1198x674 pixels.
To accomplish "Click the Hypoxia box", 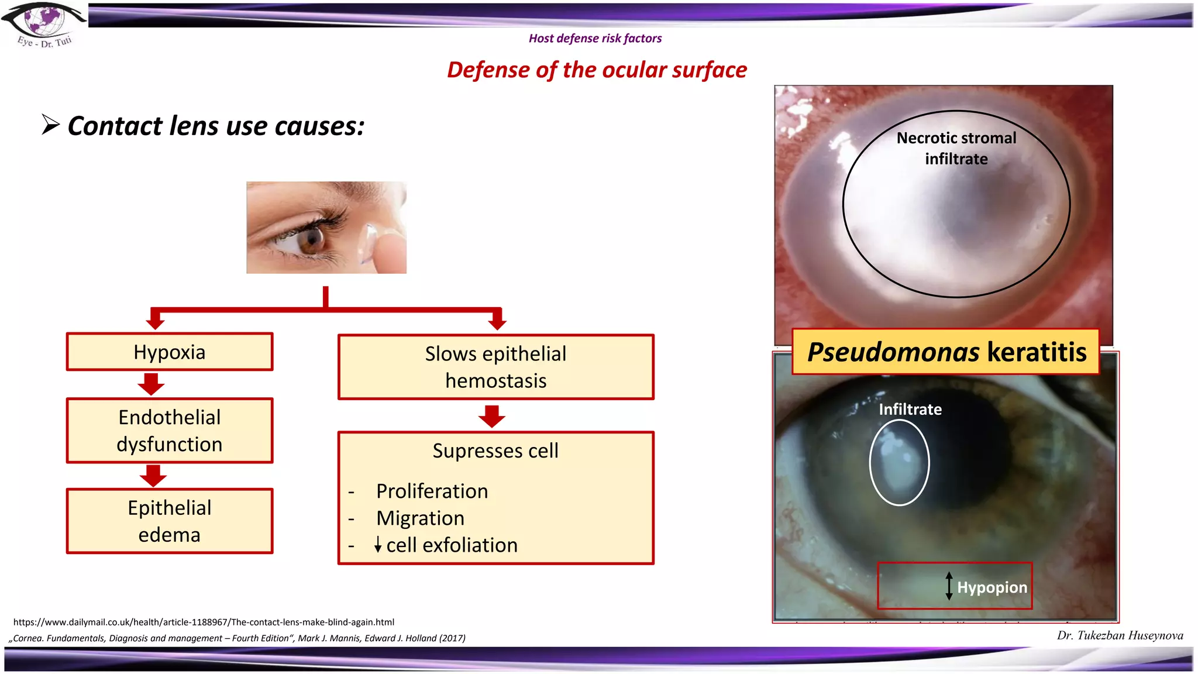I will [170, 352].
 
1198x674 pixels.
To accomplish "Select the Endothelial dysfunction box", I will [170, 431].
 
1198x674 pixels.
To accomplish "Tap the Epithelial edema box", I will [170, 521].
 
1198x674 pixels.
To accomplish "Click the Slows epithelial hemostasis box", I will [495, 367].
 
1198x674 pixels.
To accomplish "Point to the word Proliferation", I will [432, 491].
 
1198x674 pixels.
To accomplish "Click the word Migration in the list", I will [420, 518].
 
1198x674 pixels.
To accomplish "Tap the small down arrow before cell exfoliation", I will [378, 545].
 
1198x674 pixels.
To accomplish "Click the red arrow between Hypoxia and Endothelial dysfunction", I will [152, 384].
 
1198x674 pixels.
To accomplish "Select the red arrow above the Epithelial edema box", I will [153, 476].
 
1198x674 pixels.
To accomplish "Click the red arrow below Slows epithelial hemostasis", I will [492, 416].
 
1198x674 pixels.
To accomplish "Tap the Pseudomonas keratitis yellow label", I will [946, 352].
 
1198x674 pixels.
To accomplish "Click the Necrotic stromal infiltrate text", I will [956, 149].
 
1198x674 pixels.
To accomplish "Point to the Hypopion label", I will [992, 587].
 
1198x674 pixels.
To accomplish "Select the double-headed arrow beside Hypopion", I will [949, 586].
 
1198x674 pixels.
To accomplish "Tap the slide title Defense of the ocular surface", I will [597, 70].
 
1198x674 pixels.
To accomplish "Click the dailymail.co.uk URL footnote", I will [204, 622].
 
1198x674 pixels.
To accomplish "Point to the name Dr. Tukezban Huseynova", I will [1120, 635].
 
